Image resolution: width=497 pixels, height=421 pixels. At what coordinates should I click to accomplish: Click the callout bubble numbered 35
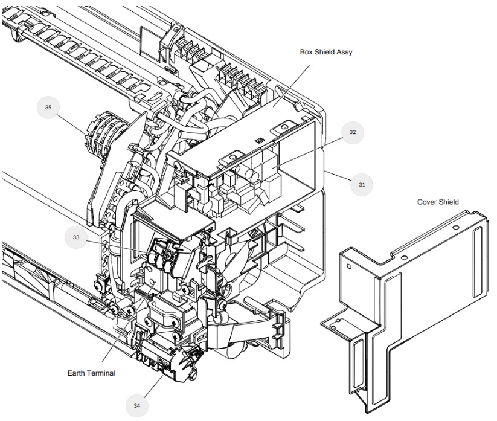pyautogui.click(x=48, y=107)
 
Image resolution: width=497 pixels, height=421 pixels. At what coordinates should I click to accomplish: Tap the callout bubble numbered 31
pyautogui.click(x=362, y=185)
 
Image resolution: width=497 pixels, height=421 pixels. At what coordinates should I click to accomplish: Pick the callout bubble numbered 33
pyautogui.click(x=76, y=237)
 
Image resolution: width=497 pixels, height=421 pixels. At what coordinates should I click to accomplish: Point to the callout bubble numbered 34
pyautogui.click(x=137, y=405)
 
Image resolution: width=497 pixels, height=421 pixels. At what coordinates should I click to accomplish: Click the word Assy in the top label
pyautogui.click(x=344, y=52)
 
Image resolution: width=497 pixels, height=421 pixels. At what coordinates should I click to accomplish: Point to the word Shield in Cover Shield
pyautogui.click(x=449, y=202)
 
